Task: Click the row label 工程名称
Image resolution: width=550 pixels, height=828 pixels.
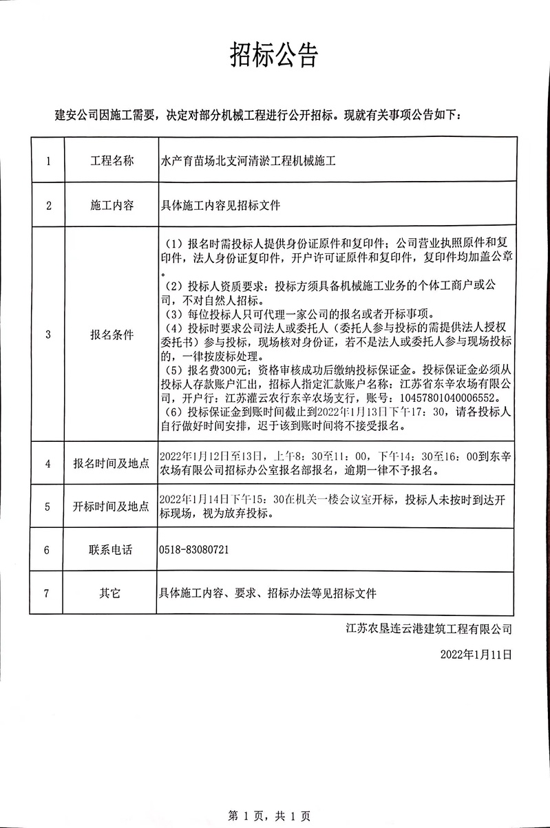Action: tap(112, 162)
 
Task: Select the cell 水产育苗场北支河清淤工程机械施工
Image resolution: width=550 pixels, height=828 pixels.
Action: tap(247, 162)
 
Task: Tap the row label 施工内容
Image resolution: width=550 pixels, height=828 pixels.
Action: tap(112, 205)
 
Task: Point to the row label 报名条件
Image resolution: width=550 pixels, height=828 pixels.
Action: tap(112, 335)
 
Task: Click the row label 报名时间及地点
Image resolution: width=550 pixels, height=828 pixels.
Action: tap(112, 463)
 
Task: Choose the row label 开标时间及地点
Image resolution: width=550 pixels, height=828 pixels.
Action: tap(112, 507)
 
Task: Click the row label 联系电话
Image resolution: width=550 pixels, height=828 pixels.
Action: tap(112, 550)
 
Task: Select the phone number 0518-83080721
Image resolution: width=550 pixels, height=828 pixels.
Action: tap(194, 550)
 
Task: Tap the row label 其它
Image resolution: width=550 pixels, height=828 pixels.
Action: tap(112, 593)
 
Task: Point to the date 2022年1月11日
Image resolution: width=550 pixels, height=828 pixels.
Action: tap(477, 655)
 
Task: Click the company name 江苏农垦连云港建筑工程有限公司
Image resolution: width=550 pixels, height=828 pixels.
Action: tap(430, 628)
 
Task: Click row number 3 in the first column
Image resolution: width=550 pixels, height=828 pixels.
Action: tap(47, 335)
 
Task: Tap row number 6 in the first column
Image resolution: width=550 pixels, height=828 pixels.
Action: tap(47, 550)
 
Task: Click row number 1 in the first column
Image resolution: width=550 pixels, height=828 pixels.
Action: tap(47, 162)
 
